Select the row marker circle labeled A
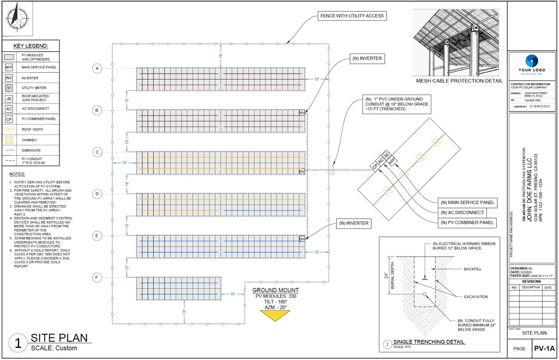tap(97, 68)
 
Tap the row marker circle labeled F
tap(97, 278)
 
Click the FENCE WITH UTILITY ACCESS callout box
tap(352, 16)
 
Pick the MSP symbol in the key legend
tap(9, 68)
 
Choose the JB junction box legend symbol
tap(9, 98)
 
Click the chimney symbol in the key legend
tap(9, 140)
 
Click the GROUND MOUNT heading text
tap(275, 290)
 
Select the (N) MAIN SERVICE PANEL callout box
tap(467, 203)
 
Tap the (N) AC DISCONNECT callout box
tap(464, 213)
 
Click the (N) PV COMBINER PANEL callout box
tap(467, 223)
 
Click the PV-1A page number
tap(544, 349)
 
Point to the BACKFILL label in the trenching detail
tap(472, 269)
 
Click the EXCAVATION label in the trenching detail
tap(475, 297)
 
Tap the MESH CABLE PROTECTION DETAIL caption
tap(459, 81)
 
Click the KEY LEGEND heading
tap(31, 46)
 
